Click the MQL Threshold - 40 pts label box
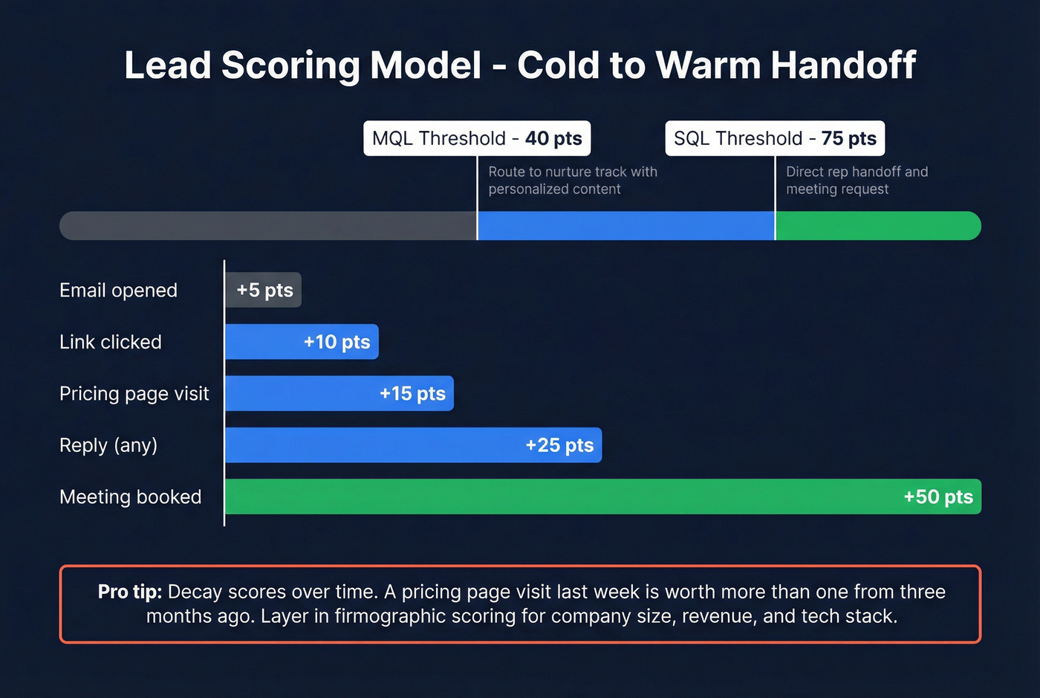point(477,138)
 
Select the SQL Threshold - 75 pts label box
point(775,138)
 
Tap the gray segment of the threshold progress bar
point(267,226)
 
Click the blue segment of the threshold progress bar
point(625,226)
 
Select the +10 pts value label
point(337,342)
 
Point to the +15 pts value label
point(412,393)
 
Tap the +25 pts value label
point(559,445)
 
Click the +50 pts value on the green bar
point(937,497)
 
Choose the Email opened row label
point(118,290)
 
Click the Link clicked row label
point(110,342)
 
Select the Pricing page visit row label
point(134,393)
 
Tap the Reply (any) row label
point(108,445)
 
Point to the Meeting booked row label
point(130,497)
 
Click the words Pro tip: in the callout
point(129,592)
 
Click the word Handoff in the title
point(842,65)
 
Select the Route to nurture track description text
point(572,180)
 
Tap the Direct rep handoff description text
point(857,180)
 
